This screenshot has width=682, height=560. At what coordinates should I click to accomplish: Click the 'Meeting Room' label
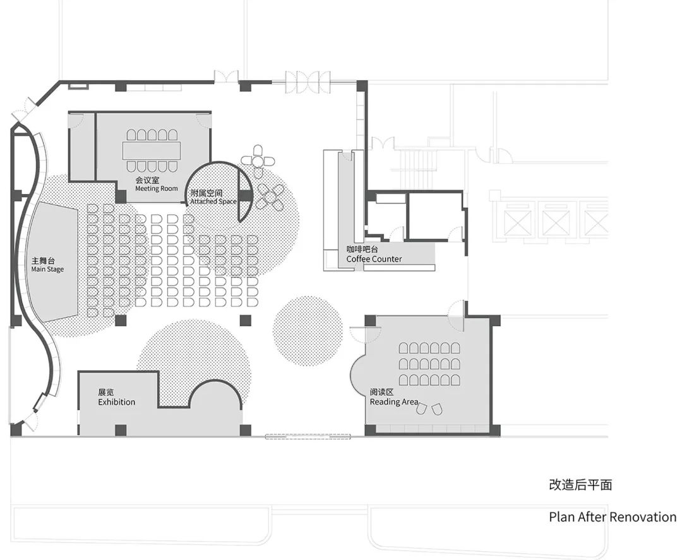click(x=156, y=189)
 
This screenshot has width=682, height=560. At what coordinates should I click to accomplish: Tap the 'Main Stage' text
click(x=47, y=270)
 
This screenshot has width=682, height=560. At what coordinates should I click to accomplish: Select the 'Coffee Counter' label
click(x=374, y=259)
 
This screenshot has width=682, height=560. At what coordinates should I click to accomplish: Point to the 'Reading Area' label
click(x=393, y=402)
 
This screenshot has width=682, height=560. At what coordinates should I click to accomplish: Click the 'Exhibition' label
click(x=116, y=402)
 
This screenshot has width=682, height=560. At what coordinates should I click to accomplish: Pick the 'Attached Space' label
click(x=213, y=202)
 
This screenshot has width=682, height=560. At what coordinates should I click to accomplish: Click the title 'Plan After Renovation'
click(x=612, y=517)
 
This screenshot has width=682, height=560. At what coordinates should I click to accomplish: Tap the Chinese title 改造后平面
click(x=580, y=485)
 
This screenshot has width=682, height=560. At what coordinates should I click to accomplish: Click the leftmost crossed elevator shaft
click(x=517, y=222)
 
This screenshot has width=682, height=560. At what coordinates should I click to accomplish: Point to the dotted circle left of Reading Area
click(x=308, y=331)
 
